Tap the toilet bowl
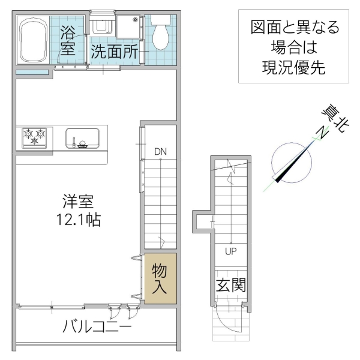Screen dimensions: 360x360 [x=160, y=35]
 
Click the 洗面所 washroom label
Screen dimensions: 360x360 [x=114, y=52]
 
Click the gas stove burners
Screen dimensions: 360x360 [x=34, y=137]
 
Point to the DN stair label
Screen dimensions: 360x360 [x=160, y=151]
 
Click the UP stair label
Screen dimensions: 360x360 [x=230, y=251]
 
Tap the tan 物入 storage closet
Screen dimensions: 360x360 [x=160, y=279]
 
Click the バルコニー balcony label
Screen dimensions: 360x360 [x=97, y=327]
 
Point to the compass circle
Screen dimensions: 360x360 [x=291, y=162]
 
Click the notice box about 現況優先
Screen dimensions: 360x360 [x=293, y=47]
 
